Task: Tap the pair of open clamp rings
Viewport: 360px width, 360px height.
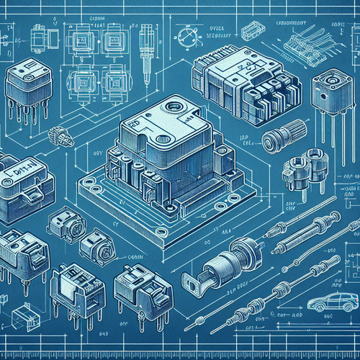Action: point(299,173)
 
